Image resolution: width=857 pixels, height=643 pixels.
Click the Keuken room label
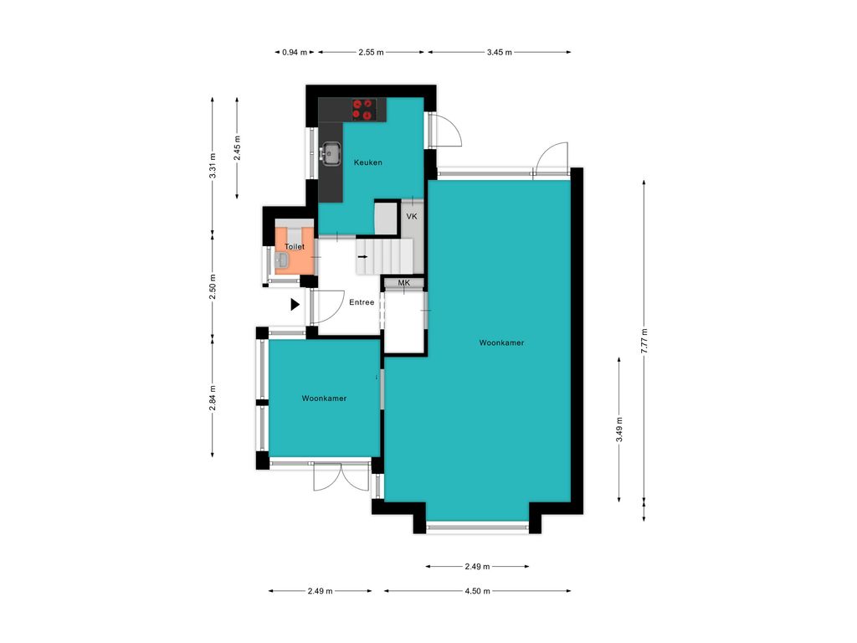coord(368,162)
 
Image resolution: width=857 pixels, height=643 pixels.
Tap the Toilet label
coord(295,247)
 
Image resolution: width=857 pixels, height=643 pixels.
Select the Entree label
coord(362,302)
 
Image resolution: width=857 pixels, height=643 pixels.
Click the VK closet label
coord(412,217)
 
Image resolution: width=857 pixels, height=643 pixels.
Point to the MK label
coord(404,283)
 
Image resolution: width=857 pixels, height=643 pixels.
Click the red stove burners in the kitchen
coord(362,110)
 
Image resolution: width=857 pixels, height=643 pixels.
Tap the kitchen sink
coord(330,153)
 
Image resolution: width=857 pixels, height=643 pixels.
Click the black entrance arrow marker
coord(295,305)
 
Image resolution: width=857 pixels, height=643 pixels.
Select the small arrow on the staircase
coord(362,255)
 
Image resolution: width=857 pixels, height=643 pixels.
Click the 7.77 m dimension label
coord(644,341)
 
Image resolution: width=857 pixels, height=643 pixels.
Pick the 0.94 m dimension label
coord(295,53)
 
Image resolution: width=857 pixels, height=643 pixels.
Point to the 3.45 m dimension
coord(500,53)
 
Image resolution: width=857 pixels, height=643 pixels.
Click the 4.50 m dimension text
coord(477,591)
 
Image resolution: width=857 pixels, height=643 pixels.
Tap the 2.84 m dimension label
coord(213,398)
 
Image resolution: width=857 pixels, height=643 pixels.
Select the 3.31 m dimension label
coord(213,166)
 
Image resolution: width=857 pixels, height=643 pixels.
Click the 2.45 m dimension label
coord(237,148)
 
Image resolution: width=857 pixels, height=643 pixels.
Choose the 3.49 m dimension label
coord(618,430)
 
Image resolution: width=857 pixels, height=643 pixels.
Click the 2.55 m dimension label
coord(371,53)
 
